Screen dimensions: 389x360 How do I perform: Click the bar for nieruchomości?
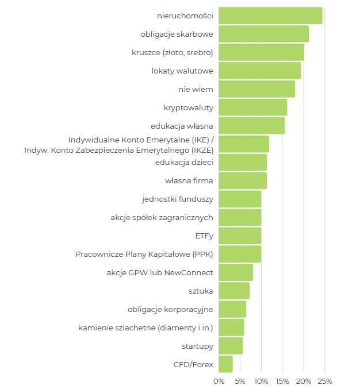(x=270, y=16)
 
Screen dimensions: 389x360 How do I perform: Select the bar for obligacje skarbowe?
(x=263, y=34)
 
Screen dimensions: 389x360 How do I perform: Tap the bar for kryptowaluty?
(x=252, y=107)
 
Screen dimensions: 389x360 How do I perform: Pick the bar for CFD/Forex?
(x=225, y=364)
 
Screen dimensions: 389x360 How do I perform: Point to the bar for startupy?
(x=231, y=346)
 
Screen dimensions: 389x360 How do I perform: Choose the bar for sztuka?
(x=234, y=291)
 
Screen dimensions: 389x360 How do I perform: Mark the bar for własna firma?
(x=243, y=181)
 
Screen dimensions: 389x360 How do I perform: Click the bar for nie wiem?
(x=256, y=89)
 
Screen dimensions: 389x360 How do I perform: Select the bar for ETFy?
(x=240, y=236)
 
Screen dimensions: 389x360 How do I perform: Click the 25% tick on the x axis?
(x=325, y=381)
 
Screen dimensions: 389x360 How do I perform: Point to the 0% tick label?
(x=219, y=381)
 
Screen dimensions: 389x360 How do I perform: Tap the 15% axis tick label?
(x=282, y=381)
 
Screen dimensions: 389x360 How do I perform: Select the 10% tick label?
(x=261, y=381)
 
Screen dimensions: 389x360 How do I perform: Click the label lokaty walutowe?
(x=182, y=71)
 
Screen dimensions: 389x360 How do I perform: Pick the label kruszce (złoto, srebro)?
(x=173, y=52)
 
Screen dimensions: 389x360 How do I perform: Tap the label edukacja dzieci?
(x=184, y=163)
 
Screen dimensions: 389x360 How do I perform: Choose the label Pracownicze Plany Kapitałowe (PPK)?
(x=144, y=254)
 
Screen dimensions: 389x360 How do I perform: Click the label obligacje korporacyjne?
(x=170, y=309)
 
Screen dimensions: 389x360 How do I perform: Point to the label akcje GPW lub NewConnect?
(x=160, y=272)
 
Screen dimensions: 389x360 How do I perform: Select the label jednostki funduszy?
(x=178, y=199)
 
